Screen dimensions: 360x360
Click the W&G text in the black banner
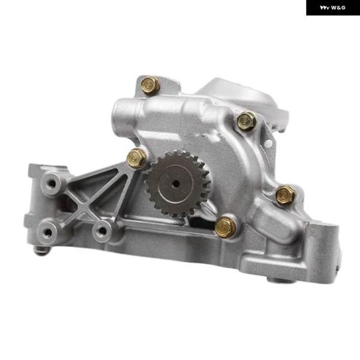click(338, 8)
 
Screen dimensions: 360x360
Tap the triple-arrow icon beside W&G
click(325, 8)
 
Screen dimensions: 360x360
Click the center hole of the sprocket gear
click(176, 183)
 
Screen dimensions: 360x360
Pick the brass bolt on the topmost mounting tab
click(150, 85)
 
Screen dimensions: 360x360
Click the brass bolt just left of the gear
click(136, 158)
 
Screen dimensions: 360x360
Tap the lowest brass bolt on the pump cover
click(225, 227)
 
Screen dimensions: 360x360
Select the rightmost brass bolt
click(285, 194)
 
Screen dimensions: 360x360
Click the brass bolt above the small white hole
click(247, 121)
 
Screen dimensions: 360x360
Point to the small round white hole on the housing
click(268, 144)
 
